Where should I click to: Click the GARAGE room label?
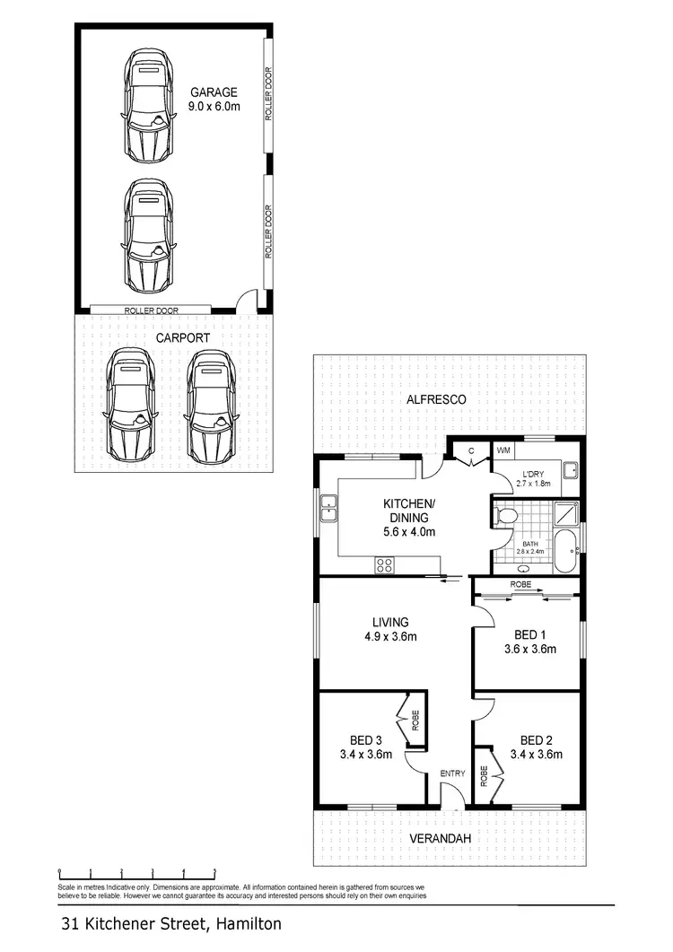213,92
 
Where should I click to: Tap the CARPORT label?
183,338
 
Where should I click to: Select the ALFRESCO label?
435,399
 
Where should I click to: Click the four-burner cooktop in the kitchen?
385,565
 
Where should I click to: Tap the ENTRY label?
451,773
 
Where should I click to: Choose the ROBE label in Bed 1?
520,584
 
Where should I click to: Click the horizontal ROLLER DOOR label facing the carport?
153,310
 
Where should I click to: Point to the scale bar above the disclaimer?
136,871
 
